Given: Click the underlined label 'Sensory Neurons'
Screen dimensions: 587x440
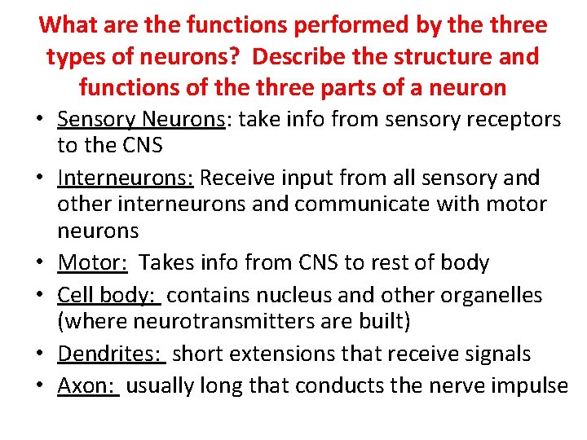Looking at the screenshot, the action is (140, 120).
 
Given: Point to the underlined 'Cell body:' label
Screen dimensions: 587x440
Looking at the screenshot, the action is (108, 295).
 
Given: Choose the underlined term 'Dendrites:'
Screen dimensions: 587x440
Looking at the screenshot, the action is (112, 354).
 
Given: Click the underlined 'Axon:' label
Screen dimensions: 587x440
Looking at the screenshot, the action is (88, 385).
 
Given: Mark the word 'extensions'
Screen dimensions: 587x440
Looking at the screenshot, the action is (297, 354).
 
